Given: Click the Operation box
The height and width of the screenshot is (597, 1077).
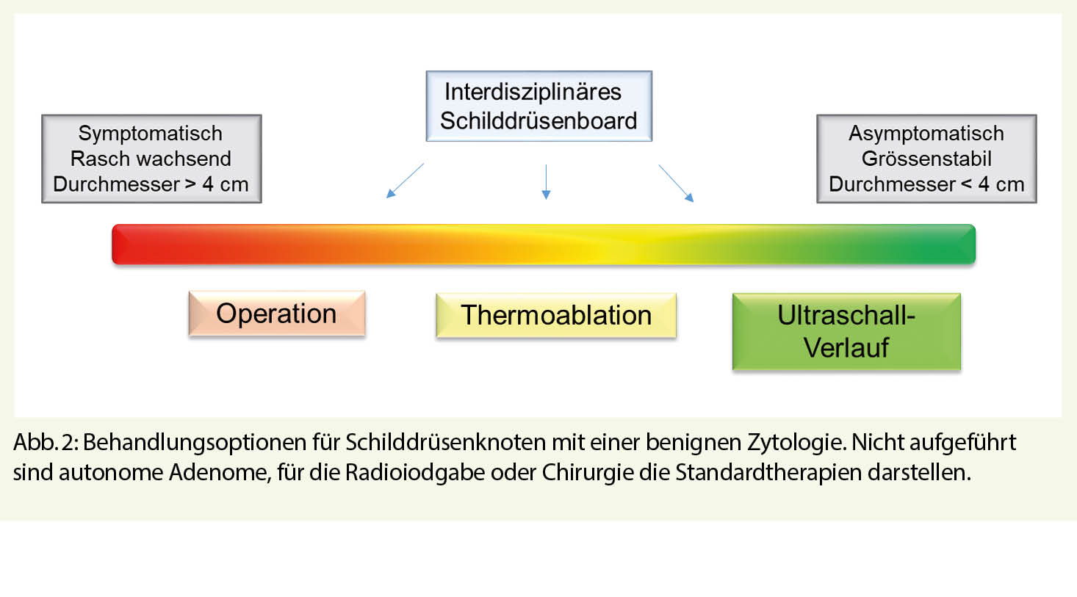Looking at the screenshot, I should point(276,314).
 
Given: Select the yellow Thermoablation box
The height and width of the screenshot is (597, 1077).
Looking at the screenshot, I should point(555,316).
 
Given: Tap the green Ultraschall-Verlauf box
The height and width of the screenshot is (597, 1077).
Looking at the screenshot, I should point(846,331).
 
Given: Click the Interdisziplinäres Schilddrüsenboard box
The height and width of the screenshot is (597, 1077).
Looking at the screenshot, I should point(538,106).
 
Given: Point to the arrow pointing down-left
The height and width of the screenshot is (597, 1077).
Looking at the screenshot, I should point(405,181).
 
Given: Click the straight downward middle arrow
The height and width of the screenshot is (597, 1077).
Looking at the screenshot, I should point(546,181).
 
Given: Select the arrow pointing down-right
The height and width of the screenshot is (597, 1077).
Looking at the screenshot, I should point(676,183).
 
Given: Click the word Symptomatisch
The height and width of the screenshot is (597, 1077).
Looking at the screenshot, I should point(151,134).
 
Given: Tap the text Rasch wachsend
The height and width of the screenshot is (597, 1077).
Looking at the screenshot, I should point(151,159).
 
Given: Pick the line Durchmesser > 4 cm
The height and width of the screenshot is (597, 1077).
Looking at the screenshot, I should point(151,184).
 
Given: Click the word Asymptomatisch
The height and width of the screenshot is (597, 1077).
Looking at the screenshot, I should point(926,134).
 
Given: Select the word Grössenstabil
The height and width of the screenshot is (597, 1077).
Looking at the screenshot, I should point(926,159).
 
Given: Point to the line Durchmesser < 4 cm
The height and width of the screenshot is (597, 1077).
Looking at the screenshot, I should point(926,184).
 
